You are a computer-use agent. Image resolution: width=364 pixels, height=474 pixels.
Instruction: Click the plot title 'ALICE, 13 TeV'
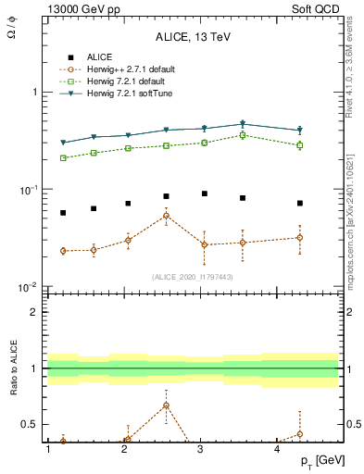point(193,37)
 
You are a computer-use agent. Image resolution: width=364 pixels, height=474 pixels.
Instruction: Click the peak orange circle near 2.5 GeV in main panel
point(166,216)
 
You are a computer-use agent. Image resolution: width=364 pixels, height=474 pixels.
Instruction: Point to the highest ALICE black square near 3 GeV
point(205,193)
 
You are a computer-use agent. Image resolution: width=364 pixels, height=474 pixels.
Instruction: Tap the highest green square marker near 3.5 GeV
point(243,135)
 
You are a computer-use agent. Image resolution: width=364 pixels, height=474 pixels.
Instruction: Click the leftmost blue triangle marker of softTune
point(63,143)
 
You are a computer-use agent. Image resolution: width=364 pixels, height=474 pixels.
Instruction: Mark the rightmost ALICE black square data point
point(300,203)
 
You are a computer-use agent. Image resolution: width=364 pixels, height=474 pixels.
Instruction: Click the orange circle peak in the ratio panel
point(166,405)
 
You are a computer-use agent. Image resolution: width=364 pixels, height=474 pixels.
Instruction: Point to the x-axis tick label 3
point(201,449)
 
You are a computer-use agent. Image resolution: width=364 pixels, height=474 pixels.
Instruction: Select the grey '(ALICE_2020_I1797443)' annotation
point(193,276)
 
